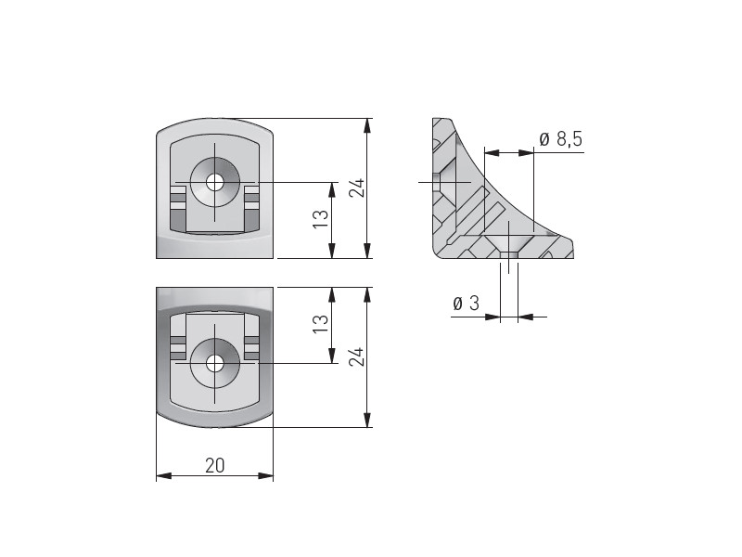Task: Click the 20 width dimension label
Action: [x=214, y=466]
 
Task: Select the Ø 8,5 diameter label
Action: [x=561, y=139]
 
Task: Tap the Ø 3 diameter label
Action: [x=467, y=304]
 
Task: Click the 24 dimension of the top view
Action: [x=357, y=188]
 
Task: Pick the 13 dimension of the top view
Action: [x=321, y=219]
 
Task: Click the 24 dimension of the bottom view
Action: [x=357, y=356]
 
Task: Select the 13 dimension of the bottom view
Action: [x=321, y=324]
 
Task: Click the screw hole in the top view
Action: [x=215, y=182]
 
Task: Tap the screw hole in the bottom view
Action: [x=215, y=364]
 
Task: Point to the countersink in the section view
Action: [x=508, y=242]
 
